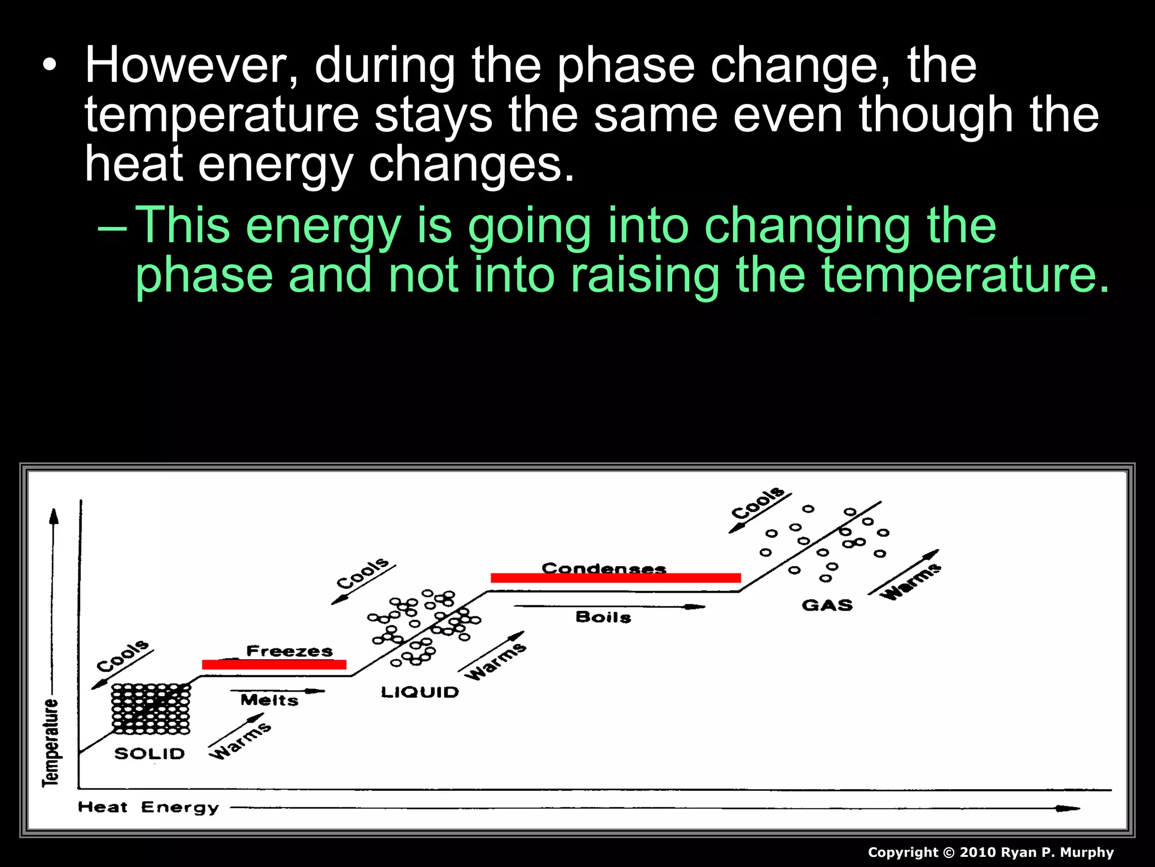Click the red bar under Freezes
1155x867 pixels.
[274, 664]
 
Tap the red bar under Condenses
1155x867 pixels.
[615, 577]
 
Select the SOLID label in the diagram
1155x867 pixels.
[149, 754]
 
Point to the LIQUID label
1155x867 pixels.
[420, 692]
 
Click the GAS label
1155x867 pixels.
[827, 605]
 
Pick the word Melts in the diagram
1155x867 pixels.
[269, 700]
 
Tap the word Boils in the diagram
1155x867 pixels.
[603, 617]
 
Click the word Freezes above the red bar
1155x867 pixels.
[289, 651]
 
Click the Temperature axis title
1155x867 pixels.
[51, 742]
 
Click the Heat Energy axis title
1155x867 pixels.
[148, 807]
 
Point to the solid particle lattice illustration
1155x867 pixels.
[151, 709]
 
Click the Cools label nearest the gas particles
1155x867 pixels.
[757, 503]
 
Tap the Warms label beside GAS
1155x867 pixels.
[910, 581]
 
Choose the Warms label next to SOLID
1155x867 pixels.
[240, 741]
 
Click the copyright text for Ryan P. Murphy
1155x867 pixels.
[990, 852]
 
